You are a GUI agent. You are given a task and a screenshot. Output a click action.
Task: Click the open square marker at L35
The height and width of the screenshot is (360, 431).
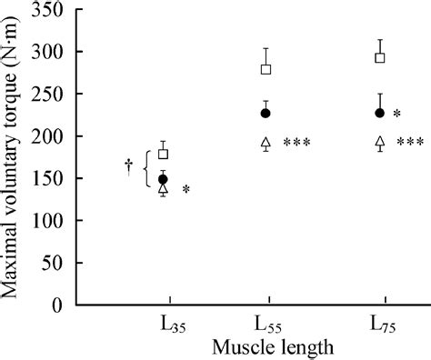(164, 154)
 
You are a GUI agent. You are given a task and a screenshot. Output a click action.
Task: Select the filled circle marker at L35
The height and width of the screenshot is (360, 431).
(164, 179)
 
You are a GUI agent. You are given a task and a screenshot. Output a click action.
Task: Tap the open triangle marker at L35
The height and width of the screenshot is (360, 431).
(164, 189)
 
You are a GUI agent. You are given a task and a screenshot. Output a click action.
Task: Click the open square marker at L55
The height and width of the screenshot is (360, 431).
(266, 69)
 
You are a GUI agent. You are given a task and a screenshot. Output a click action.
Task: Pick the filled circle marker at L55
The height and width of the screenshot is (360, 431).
(266, 113)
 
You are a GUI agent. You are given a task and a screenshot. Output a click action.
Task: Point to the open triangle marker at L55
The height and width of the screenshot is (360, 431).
(266, 142)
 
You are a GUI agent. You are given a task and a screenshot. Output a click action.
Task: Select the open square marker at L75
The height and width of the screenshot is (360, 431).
(380, 57)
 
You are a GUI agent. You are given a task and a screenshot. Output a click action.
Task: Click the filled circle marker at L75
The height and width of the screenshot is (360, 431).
(380, 113)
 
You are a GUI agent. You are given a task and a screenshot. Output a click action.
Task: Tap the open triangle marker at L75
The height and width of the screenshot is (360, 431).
(380, 142)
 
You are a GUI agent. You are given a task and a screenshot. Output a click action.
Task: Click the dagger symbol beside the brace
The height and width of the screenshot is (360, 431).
(129, 165)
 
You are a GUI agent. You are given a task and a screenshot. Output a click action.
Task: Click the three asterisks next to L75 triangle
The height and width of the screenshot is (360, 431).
(410, 143)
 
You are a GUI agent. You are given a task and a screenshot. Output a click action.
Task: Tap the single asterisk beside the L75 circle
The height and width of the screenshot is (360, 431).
(397, 115)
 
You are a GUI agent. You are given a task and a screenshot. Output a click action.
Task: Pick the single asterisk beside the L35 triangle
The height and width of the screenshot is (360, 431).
(185, 190)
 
